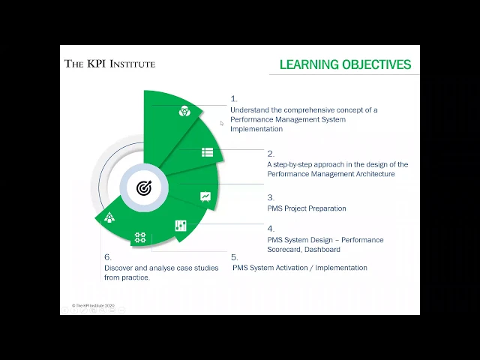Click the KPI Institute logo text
109,64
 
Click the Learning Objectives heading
345,64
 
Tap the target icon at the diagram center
143,188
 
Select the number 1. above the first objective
233,98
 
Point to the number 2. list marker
271,154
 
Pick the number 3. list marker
271,197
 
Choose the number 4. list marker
271,229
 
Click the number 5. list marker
234,257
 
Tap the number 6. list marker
107,257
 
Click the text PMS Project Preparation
307,208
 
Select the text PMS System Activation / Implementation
300,268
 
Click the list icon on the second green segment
207,152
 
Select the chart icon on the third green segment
205,196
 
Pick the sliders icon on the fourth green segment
181,226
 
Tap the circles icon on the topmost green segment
184,112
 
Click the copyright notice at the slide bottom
94,306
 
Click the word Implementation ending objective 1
256,129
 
